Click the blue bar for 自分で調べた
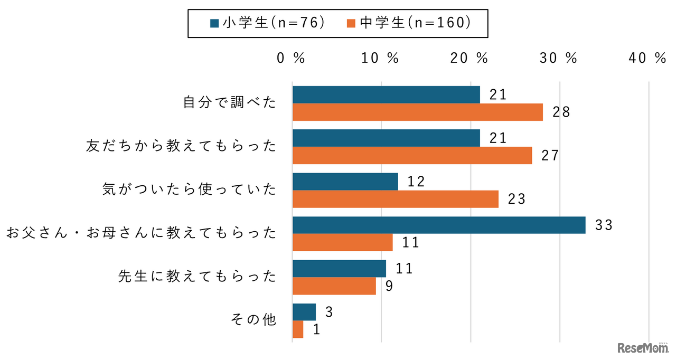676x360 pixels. click(386, 95)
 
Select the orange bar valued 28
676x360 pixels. click(417, 112)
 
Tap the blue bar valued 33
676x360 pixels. click(438, 225)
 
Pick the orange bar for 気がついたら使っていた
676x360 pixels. click(395, 199)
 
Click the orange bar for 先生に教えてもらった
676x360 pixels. click(334, 286)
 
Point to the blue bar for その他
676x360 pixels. click(304, 312)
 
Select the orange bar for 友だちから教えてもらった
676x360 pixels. click(412, 156)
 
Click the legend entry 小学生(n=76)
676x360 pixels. click(267, 23)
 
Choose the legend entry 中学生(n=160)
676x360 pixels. click(408, 23)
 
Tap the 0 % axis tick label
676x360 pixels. click(291, 59)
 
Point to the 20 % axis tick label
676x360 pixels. click(469, 59)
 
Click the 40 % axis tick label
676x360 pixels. click(647, 59)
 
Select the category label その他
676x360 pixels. click(254, 319)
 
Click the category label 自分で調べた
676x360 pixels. click(230, 102)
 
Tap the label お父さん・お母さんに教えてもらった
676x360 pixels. click(141, 233)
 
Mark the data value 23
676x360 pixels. click(517, 199)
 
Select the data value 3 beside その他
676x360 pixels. click(328, 312)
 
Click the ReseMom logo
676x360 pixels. click(643, 348)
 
